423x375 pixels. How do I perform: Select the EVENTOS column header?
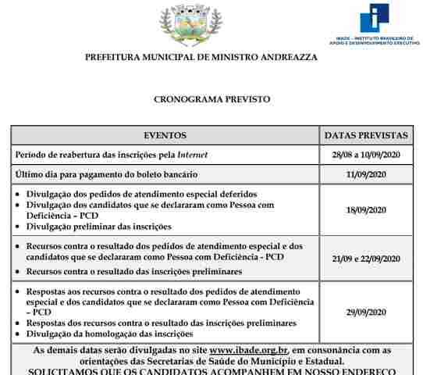tap(165, 135)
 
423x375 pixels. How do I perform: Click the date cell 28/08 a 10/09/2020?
tap(365, 155)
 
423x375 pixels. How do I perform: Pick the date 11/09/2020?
tap(365, 173)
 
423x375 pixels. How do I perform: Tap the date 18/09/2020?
tap(365, 209)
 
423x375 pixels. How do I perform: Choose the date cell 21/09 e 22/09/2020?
tap(365, 259)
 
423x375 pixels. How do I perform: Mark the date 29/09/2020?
tap(365, 312)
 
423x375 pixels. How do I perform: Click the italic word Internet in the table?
tap(193, 155)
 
